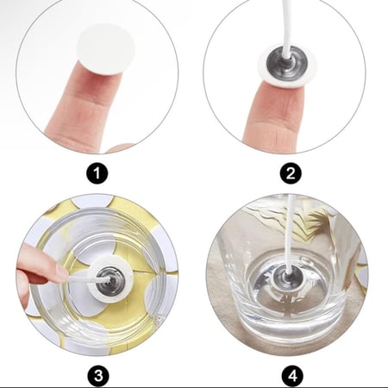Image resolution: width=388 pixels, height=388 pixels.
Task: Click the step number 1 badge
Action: tap(97, 173)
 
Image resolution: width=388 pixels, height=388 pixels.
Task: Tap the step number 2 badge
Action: tap(291, 173)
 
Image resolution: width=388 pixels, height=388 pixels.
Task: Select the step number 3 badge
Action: tap(98, 376)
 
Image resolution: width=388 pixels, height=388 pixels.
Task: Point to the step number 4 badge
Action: tap(292, 376)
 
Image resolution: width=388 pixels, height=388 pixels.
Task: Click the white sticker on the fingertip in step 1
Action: tap(106, 50)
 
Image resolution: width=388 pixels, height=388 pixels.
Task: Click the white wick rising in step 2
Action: tap(287, 28)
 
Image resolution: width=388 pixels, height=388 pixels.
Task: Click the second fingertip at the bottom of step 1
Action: tap(118, 148)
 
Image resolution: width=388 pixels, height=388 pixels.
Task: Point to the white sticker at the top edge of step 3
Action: tap(92, 200)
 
